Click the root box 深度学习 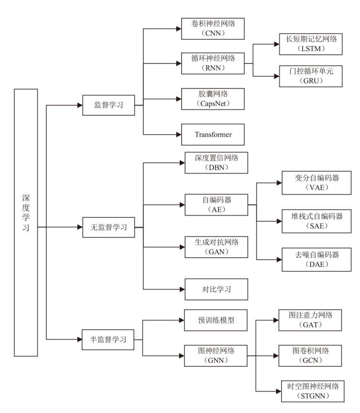pos(26,222)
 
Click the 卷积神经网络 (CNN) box pos(213,29)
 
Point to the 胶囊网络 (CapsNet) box pos(213,99)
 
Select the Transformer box pos(213,134)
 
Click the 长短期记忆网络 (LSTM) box pos(311,44)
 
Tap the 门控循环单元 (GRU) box pos(311,76)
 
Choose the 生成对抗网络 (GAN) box pos(216,247)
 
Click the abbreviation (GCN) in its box pos(311,360)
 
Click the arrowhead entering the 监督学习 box pos(79,105)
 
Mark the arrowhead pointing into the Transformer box pos(178,134)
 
